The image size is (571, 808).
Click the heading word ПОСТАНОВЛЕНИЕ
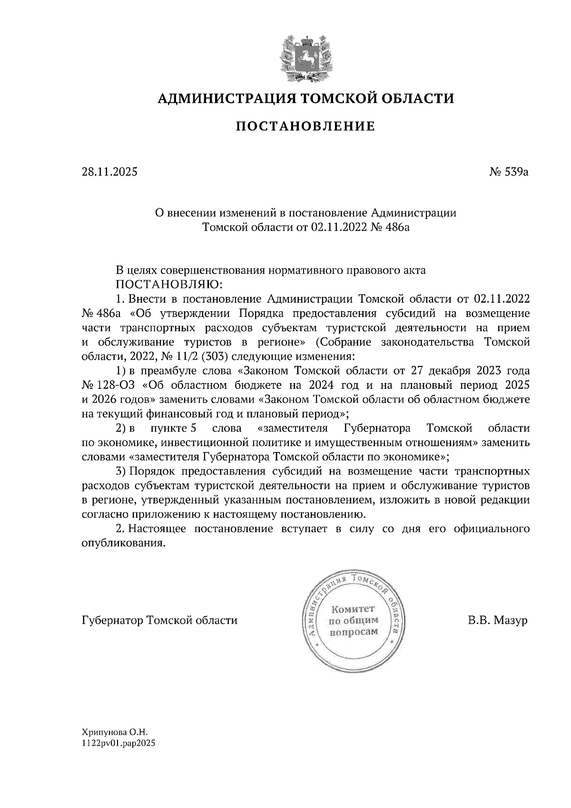point(305,126)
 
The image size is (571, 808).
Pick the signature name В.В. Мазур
point(498,621)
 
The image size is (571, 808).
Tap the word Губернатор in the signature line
point(113,621)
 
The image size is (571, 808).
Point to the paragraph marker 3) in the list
point(120,472)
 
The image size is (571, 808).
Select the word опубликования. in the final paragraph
point(124,543)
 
